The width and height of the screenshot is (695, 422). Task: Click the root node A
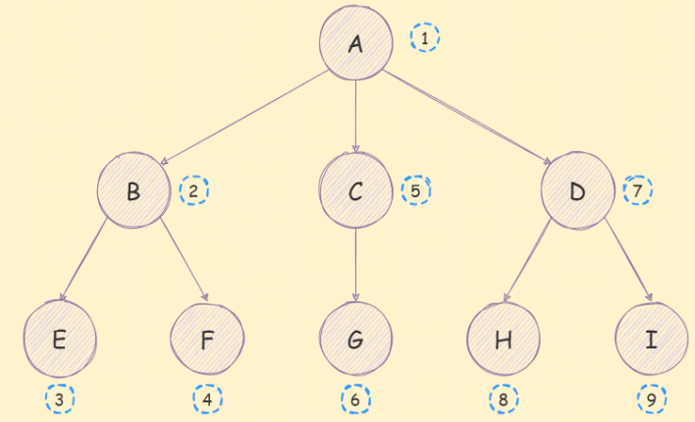[x=354, y=42]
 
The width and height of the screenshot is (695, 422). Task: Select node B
[x=134, y=190]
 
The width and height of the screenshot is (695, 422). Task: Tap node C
[x=355, y=190]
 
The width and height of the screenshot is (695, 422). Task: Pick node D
[x=577, y=190]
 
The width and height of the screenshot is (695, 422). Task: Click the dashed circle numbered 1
[x=425, y=38]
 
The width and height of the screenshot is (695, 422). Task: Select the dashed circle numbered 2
[x=194, y=189]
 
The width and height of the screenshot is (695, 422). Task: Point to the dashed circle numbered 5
[x=416, y=189]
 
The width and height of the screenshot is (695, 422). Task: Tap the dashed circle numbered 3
[x=60, y=399]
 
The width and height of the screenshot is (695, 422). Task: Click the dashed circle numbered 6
[x=355, y=399]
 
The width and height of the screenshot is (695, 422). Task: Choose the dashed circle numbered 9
[x=651, y=399]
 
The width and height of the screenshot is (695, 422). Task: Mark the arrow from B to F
[x=184, y=260]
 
